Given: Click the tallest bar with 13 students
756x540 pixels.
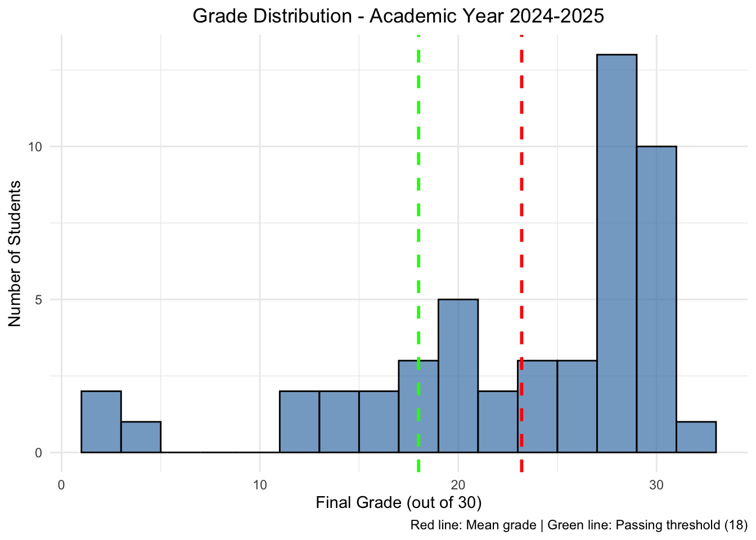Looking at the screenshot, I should tap(616, 253).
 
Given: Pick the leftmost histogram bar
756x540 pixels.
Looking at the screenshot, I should tap(101, 421).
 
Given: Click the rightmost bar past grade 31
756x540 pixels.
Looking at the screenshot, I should tap(696, 436).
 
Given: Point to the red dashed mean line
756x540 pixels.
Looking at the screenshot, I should tap(521, 169).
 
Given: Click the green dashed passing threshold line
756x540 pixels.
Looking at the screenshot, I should tap(418, 169).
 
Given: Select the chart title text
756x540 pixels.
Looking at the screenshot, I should tap(398, 16).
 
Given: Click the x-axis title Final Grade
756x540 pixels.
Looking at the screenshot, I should tap(398, 502).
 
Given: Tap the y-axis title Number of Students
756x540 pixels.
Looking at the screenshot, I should tap(15, 253).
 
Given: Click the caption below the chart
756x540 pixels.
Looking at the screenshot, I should tap(578, 526).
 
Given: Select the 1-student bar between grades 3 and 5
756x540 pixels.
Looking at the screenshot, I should tap(141, 436).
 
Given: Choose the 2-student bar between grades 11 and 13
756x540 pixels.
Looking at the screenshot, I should tap(299, 421).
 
